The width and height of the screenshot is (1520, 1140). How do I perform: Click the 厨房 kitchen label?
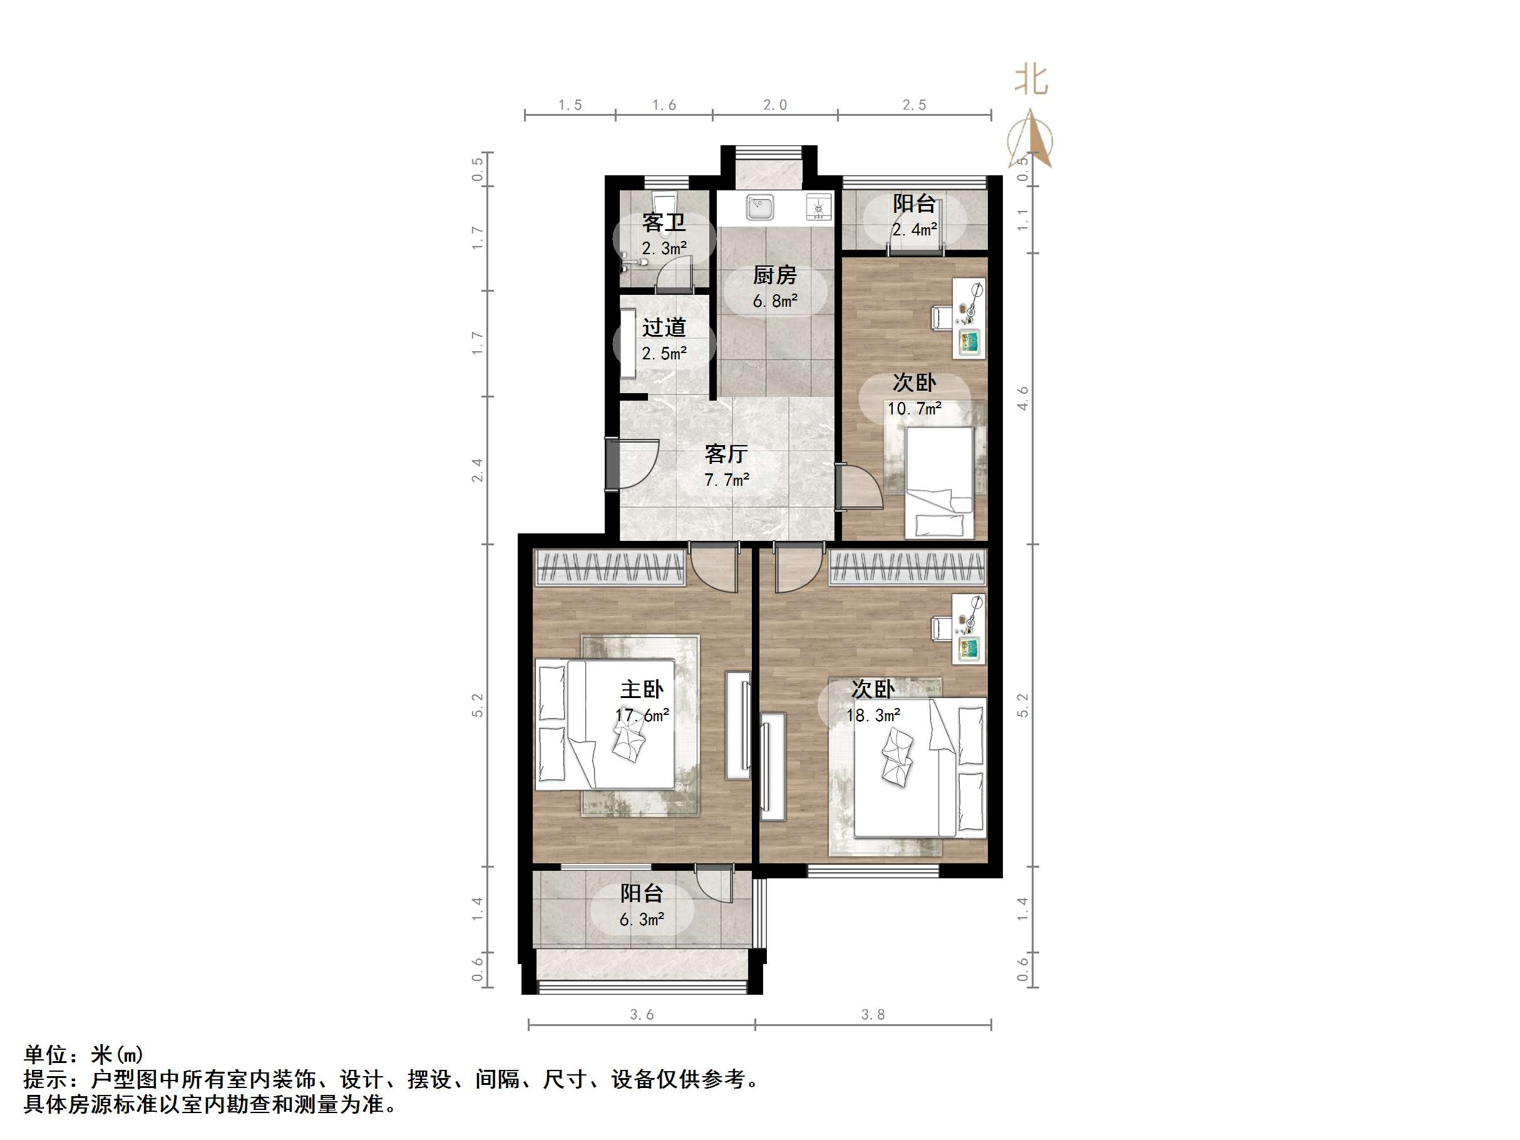point(774,275)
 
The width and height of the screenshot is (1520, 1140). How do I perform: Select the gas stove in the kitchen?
point(818,207)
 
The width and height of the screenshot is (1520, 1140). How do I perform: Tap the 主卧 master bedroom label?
point(642,689)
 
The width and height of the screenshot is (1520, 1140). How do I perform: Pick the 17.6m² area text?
point(642,716)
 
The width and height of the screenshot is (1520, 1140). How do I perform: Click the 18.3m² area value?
point(873,716)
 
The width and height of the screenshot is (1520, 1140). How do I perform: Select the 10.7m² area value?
point(914,409)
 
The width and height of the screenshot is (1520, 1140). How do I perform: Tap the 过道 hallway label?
point(664,327)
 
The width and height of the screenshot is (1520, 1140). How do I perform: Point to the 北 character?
point(1030,80)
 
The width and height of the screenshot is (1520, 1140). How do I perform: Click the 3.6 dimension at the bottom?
point(641,1015)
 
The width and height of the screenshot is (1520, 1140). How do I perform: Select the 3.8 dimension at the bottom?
point(873,1015)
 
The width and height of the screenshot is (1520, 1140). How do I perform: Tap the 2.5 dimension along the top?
point(914,105)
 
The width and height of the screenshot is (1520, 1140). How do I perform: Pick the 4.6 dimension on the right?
point(1022,399)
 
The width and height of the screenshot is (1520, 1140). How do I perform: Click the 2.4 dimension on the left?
point(477,470)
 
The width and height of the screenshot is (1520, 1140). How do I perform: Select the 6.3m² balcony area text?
point(642,920)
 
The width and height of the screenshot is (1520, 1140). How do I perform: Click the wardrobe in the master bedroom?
point(610,568)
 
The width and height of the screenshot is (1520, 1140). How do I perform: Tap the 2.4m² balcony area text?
point(914,230)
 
